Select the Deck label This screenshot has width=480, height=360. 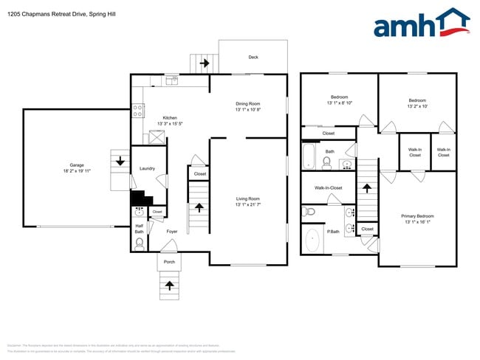(253, 57)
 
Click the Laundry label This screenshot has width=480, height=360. (147, 168)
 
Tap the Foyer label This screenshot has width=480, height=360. (171, 232)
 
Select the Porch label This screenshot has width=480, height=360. (169, 261)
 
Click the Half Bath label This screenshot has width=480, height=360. (139, 229)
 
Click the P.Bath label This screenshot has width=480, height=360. (334, 232)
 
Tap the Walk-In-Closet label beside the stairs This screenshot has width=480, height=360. (329, 187)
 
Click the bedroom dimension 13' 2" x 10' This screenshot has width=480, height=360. (417, 106)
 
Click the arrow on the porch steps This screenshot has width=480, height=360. (170, 284)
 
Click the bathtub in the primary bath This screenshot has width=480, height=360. (312, 240)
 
